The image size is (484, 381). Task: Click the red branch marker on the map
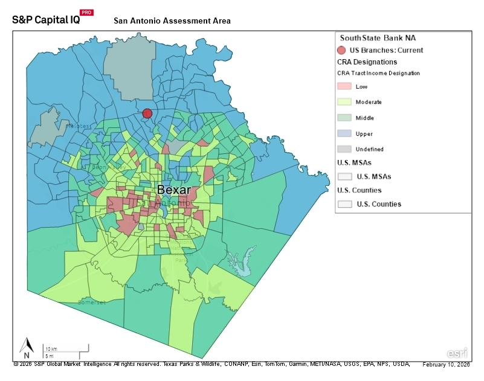[147, 113]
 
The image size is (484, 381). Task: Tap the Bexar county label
[174, 190]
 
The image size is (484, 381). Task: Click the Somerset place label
[91, 301]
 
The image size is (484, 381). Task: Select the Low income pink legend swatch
[344, 87]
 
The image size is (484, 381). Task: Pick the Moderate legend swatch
[344, 102]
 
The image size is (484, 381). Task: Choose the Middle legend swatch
[344, 118]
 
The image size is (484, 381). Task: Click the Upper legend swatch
[344, 133]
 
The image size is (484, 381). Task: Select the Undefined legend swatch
[344, 149]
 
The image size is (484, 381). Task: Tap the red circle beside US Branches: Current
[342, 51]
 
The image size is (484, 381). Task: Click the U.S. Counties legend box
[344, 204]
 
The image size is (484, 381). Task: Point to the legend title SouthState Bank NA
[378, 37]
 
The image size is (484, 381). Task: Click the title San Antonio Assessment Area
[172, 21]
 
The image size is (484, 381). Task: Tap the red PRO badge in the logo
[86, 12]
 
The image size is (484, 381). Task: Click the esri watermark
[456, 353]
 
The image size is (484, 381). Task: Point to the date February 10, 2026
[446, 365]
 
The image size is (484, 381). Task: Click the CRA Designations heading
[367, 62]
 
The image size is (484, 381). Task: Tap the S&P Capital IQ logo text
[45, 19]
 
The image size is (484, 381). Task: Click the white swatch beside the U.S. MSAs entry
[344, 176]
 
